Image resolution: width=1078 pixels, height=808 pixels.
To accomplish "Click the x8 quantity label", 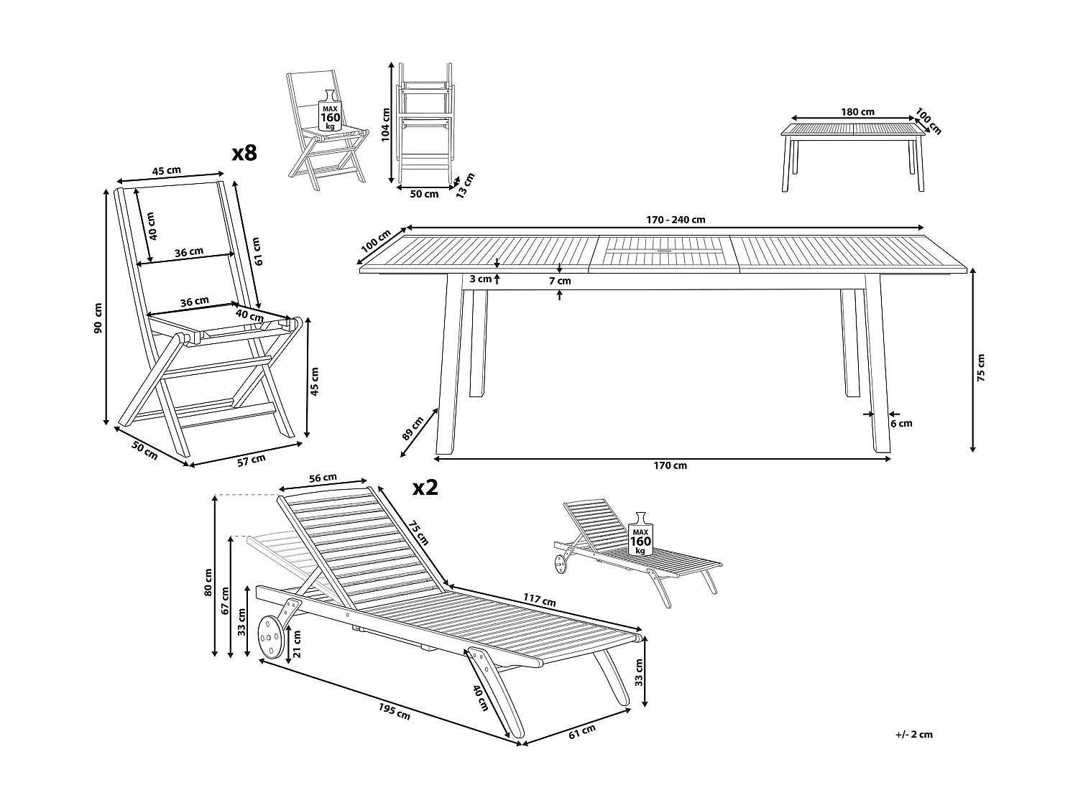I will point(244,152).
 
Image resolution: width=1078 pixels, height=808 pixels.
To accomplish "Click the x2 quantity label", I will point(425,488).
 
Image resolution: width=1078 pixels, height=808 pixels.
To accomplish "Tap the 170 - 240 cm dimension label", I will point(665,220).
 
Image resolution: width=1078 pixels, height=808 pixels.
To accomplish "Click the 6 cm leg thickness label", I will point(901,423).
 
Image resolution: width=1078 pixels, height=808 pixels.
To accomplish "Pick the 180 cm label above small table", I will point(857,111).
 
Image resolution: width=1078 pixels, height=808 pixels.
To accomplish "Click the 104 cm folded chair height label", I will point(386,124).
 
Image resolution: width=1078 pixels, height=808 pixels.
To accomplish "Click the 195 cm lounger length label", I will point(393,710).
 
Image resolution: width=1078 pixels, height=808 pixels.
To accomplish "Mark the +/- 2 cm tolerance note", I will point(914,734).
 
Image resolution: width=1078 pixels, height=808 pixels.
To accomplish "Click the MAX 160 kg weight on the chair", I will point(330,113).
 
